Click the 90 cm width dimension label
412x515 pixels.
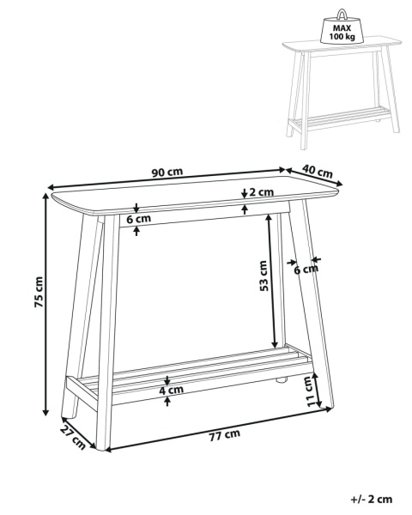167,173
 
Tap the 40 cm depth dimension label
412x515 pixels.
318,171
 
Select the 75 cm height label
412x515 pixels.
39,293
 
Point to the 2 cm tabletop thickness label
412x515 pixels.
261,191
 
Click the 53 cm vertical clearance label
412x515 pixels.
264,276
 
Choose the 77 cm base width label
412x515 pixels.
225,435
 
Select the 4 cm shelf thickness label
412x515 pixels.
171,391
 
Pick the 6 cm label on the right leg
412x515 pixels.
306,270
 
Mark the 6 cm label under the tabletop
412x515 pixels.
139,219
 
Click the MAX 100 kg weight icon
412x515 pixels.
342,27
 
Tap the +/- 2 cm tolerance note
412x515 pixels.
372,500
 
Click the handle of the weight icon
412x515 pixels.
342,13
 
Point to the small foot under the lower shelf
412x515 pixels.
281,380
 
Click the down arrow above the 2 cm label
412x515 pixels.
244,194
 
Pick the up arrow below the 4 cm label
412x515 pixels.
167,402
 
